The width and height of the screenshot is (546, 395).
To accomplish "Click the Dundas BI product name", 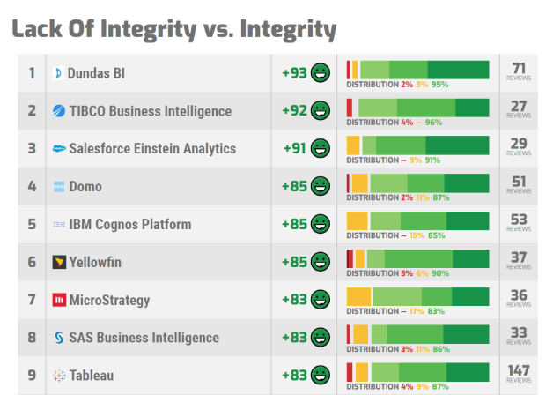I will (96, 73).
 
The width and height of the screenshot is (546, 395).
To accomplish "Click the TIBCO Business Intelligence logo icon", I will (59, 111).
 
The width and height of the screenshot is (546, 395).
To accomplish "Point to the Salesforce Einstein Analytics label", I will (152, 149).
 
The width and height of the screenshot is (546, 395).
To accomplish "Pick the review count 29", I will (519, 144).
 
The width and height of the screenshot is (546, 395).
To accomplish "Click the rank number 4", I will (32, 187).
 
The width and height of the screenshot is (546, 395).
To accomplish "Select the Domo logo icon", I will (59, 187).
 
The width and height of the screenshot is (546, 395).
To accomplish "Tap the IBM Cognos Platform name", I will (130, 225).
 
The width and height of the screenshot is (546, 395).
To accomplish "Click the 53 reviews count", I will (519, 220).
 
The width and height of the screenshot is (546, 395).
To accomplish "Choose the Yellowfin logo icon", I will (59, 263).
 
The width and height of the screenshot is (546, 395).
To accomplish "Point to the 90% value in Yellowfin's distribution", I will (440, 273).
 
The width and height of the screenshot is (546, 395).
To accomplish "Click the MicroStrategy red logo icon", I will (59, 301).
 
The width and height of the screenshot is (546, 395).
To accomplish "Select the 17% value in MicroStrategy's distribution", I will (417, 311).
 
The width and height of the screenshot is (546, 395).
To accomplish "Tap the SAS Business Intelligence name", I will (144, 339).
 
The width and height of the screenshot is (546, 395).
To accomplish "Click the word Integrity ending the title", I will (284, 29).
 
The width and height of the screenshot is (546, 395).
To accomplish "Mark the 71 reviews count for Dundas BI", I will (519, 68).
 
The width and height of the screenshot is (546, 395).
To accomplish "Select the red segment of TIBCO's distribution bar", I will (350, 106).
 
